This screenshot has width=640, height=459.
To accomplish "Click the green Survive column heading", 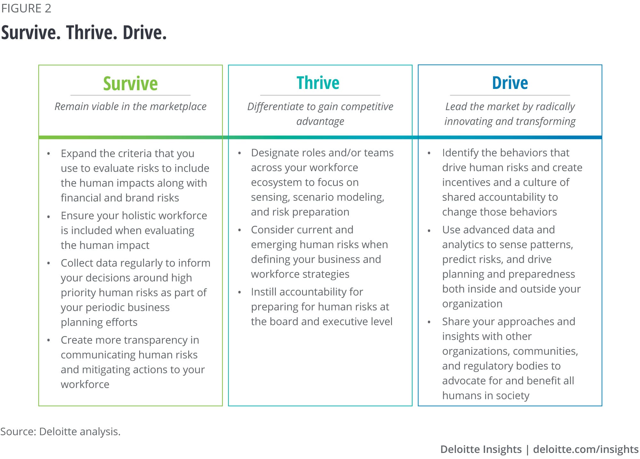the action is coord(130,83).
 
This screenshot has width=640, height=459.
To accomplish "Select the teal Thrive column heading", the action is coord(318,83).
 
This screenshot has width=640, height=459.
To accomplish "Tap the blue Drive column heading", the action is coord(510,83).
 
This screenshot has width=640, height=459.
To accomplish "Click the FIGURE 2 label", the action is coord(26,8).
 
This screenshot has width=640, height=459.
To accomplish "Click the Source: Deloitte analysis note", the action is coord(60,431).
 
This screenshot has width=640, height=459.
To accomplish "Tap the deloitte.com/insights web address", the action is coord(586,449).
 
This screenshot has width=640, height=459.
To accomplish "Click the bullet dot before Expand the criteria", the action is coord(49,154).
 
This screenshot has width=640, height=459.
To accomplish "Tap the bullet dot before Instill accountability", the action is coord(239,292).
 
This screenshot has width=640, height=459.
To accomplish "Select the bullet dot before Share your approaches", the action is coord(429,322).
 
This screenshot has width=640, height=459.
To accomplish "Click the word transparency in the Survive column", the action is coord(150,340).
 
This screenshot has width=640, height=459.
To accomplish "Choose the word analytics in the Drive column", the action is coord(463,245).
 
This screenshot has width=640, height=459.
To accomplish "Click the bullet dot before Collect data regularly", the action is coord(49,264).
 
